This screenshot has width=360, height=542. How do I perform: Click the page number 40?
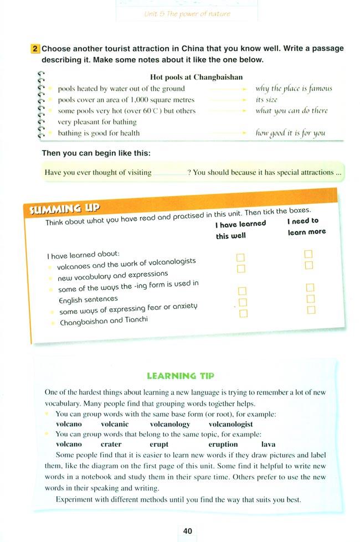tap(187, 530)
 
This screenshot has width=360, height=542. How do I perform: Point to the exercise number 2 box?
tap(35, 49)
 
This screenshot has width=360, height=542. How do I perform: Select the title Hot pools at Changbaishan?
tap(196, 77)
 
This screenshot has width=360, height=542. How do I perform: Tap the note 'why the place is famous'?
tap(294, 89)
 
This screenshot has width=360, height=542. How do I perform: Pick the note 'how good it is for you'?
tap(290, 133)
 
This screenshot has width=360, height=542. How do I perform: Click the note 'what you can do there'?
tap(291, 111)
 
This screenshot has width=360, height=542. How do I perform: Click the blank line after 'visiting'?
tap(169, 173)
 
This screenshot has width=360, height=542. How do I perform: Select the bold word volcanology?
tap(170, 424)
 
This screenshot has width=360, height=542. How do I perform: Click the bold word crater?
tap(111, 444)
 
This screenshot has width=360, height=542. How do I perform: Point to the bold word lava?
tap(268, 444)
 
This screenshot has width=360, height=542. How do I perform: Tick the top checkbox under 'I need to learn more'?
tap(309, 254)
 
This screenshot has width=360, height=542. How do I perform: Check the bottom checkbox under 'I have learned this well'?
tap(241, 313)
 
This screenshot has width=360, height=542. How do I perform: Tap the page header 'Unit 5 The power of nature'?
tap(179, 13)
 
